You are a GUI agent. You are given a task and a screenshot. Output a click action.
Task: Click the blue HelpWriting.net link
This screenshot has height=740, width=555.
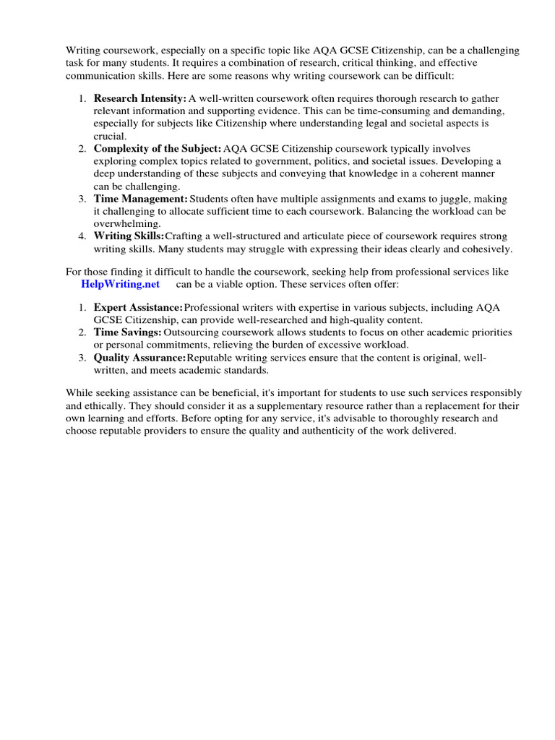(x=120, y=284)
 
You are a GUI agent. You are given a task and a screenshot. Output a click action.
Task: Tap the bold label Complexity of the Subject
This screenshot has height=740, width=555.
(x=157, y=148)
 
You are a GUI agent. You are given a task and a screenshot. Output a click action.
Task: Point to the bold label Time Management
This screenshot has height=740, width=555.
(x=140, y=199)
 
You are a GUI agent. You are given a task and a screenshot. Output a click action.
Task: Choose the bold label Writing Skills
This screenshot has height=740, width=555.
(x=129, y=236)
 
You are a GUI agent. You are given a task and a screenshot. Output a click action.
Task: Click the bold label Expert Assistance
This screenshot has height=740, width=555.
(x=138, y=308)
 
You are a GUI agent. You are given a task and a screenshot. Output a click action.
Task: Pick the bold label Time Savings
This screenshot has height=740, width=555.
(x=127, y=332)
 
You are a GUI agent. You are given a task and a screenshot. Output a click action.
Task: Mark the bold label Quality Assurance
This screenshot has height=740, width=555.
(x=139, y=358)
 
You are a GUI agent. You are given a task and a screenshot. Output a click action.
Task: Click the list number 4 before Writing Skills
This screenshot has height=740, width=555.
(x=82, y=236)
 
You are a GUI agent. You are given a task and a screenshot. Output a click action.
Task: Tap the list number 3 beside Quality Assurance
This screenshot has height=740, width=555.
(x=82, y=358)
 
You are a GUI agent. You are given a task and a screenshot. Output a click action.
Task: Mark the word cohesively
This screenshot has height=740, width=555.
(x=484, y=249)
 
